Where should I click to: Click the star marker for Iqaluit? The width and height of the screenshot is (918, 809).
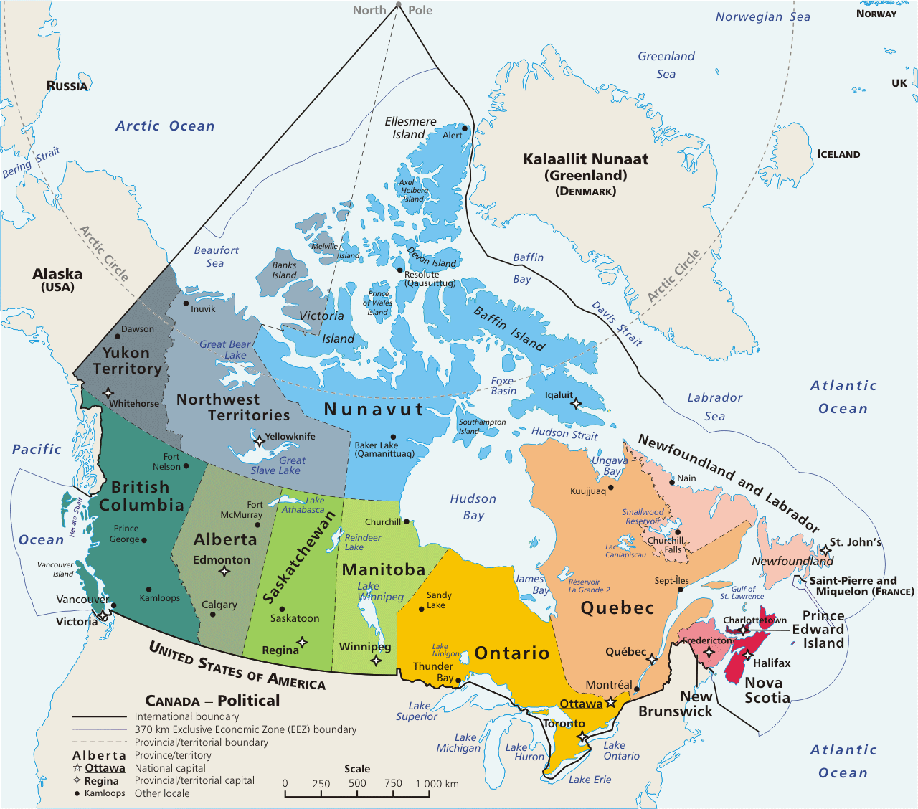tap(575, 404)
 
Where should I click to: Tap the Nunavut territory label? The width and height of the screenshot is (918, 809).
tap(374, 410)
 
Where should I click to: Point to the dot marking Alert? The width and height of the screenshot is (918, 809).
tap(465, 129)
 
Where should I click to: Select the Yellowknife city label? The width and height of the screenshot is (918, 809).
tap(290, 436)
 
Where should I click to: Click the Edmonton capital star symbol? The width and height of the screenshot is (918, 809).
tap(224, 572)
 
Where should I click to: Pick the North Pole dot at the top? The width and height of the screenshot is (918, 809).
tap(398, 4)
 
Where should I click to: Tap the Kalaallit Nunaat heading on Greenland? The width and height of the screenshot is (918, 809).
tap(585, 159)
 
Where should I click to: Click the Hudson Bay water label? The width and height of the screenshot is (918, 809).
tap(473, 506)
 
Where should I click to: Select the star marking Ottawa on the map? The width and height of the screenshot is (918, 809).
tap(611, 703)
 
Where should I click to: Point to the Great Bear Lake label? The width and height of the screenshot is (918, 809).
tap(225, 349)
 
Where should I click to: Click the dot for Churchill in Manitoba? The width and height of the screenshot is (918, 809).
tap(406, 521)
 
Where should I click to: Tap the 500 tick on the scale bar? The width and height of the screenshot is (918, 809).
tap(357, 783)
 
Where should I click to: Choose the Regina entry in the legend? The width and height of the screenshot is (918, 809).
tap(101, 781)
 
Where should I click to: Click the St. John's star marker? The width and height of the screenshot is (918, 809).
tap(825, 551)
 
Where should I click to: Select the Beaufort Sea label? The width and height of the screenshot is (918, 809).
tap(216, 257)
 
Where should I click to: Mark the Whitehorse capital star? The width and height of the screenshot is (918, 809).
tap(108, 392)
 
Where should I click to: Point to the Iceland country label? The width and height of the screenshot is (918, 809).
tap(838, 154)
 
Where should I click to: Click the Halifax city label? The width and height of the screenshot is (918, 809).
tap(772, 663)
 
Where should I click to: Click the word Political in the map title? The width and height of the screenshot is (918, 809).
tap(249, 701)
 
